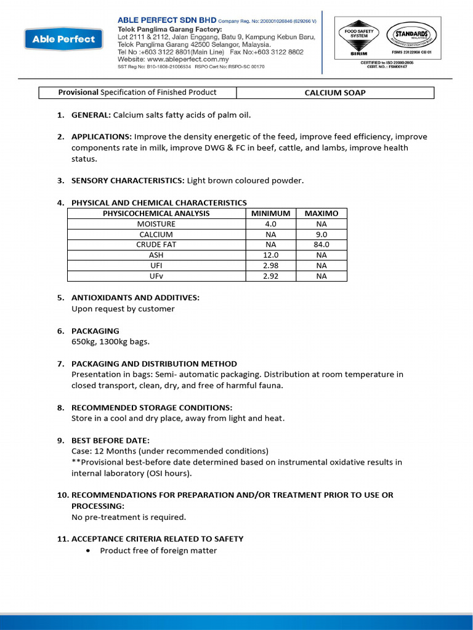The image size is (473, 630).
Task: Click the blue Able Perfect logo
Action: point(63,39)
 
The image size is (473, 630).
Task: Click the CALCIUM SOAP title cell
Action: point(335,93)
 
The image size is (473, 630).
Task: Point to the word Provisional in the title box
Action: point(78,92)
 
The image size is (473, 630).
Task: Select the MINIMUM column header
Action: point(270,213)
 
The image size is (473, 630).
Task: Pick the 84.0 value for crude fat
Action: point(321,245)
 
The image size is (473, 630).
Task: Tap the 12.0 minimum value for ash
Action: point(270,255)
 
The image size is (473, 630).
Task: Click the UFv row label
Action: point(156,276)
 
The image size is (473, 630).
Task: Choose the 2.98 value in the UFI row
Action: point(270,266)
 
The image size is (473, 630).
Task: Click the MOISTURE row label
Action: point(156,224)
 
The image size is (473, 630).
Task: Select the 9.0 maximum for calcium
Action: point(321,234)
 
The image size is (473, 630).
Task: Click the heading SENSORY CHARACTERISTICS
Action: point(127,181)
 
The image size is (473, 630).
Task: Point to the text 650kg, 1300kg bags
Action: point(110,341)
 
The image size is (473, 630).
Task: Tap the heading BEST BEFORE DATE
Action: point(110,441)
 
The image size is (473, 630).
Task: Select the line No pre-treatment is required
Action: point(129,517)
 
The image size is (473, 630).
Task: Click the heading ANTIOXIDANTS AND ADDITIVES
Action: point(135,298)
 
